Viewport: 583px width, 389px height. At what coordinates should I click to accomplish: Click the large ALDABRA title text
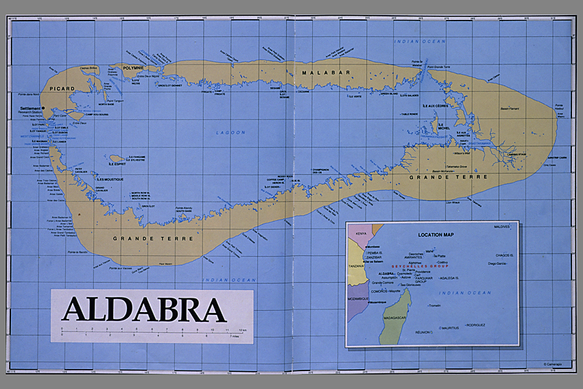144,309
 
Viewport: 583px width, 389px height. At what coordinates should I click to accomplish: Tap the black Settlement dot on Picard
43,108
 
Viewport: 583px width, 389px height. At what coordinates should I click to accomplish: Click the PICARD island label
62,89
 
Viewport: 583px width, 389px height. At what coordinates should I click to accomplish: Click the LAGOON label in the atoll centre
226,132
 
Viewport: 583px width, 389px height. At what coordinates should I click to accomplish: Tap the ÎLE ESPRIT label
119,164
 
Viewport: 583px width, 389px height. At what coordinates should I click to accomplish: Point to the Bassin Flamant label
509,108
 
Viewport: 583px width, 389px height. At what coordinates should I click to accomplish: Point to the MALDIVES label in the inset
503,226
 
